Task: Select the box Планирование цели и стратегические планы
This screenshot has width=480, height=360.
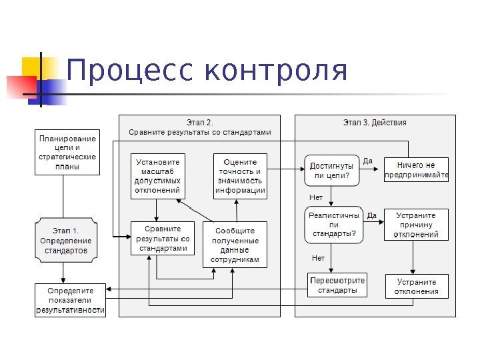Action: (x=67, y=152)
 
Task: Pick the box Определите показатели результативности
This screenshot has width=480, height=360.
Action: (x=71, y=300)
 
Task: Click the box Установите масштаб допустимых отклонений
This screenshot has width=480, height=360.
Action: (x=157, y=176)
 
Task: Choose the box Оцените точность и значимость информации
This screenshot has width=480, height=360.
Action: (x=240, y=176)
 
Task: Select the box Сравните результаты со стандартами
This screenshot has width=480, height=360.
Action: (x=163, y=239)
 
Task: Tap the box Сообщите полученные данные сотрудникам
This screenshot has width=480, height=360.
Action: (x=235, y=245)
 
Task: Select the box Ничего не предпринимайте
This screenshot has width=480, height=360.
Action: (x=416, y=170)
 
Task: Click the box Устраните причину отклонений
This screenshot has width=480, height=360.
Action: (x=416, y=225)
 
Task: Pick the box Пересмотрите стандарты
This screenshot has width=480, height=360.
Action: (x=337, y=285)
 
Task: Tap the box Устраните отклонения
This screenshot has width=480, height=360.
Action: (x=416, y=286)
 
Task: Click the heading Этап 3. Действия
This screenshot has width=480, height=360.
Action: (x=375, y=123)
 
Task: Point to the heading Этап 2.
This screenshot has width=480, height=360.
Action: (x=199, y=123)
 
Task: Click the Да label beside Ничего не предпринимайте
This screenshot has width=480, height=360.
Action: (x=367, y=161)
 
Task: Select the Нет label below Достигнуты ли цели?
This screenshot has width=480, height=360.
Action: (x=316, y=197)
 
